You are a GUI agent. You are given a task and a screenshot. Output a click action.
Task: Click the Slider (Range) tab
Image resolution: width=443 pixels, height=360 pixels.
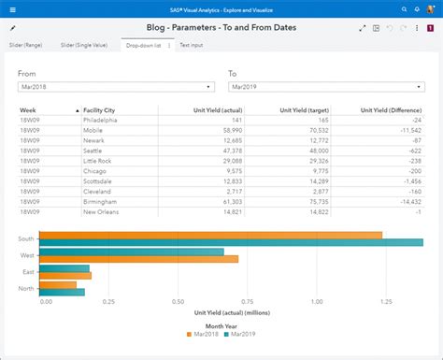pyautogui.click(x=28, y=45)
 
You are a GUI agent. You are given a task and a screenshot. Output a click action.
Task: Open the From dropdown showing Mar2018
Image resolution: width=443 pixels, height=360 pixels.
pyautogui.click(x=117, y=87)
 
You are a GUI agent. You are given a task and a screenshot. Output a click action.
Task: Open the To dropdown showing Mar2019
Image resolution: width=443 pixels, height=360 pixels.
pyautogui.click(x=326, y=87)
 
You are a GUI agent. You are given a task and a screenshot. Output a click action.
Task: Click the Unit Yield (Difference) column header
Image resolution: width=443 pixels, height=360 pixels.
pyautogui.click(x=391, y=109)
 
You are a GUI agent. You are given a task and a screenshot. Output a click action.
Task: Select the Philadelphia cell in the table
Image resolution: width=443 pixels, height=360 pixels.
pyautogui.click(x=100, y=120)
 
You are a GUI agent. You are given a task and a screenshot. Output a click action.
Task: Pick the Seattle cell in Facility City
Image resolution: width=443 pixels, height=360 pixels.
pyautogui.click(x=94, y=150)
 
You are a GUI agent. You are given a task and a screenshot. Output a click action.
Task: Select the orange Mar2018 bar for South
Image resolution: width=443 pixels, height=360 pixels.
pyautogui.click(x=210, y=235)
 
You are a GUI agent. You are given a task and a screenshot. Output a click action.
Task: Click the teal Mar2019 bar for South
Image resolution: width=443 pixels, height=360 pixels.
pyautogui.click(x=224, y=242)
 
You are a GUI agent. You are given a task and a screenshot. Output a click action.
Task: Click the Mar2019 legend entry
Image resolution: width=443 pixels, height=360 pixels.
pyautogui.click(x=241, y=334)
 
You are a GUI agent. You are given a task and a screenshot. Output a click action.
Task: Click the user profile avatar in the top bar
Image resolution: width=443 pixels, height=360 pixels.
pyautogui.click(x=430, y=8)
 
